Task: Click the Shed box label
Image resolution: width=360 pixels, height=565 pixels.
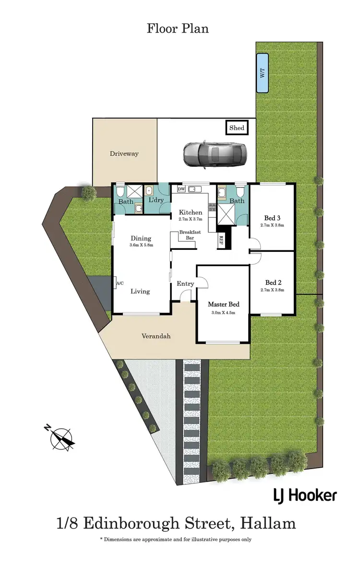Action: pyautogui.click(x=237, y=128)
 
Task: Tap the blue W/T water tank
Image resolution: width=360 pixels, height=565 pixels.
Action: pyautogui.click(x=262, y=73)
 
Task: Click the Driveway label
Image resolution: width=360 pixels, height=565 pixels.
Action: pyautogui.click(x=124, y=153)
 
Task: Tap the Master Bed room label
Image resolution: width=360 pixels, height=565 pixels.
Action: pyautogui.click(x=223, y=304)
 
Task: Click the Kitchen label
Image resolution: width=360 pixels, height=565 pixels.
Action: pyautogui.click(x=191, y=212)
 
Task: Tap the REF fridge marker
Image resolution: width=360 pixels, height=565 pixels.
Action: pyautogui.click(x=221, y=240)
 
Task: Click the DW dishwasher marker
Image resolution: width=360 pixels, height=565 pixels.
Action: pyautogui.click(x=181, y=189)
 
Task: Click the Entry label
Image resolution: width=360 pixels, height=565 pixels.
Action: pyautogui.click(x=185, y=284)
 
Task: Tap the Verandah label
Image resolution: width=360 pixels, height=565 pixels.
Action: pyautogui.click(x=156, y=336)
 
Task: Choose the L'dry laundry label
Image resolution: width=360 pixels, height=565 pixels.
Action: pyautogui.click(x=156, y=200)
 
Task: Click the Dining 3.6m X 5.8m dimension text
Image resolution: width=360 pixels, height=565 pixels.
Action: pyautogui.click(x=140, y=245)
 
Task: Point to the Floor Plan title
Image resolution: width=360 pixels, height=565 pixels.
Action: pyautogui.click(x=178, y=28)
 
